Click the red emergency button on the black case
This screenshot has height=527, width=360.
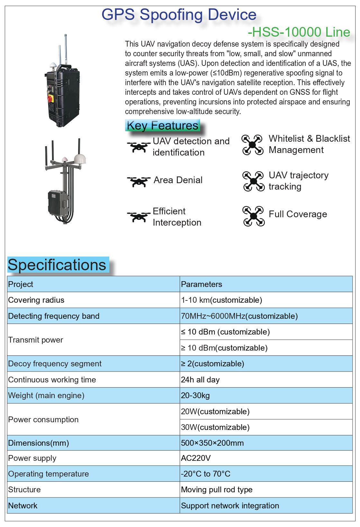[x=50, y=98]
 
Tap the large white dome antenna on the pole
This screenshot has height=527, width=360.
[x=80, y=159]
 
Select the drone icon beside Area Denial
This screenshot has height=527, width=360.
[x=139, y=181]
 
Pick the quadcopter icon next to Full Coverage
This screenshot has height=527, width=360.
[x=253, y=216]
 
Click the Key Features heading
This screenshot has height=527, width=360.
[x=162, y=126]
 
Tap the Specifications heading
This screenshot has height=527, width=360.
[x=57, y=265]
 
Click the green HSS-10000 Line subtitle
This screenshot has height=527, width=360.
[x=299, y=32]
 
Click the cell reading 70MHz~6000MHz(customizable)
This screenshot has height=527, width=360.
[x=239, y=316]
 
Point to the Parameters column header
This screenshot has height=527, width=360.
[x=202, y=284]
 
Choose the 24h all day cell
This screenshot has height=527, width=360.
[x=200, y=380]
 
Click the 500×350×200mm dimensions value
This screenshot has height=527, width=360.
[x=212, y=443]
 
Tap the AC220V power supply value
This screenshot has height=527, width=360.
[x=196, y=458]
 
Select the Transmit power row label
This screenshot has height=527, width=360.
[x=36, y=340]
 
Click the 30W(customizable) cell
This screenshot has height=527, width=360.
[x=215, y=427]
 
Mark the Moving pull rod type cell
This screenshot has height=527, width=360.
[x=217, y=490]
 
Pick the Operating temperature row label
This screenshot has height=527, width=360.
[x=49, y=474]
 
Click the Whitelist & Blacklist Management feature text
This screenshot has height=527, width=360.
[x=309, y=144]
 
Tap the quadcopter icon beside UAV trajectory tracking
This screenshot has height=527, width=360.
[x=253, y=181]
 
